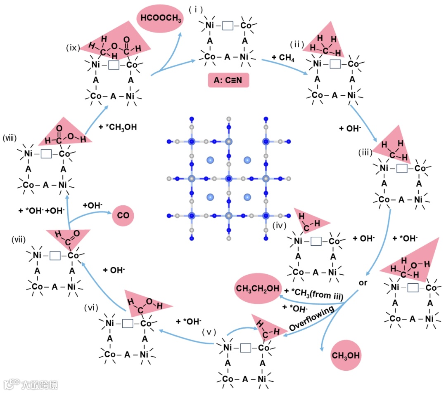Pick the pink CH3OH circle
click(346, 355)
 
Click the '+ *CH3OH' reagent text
click(118, 127)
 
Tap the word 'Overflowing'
click(312, 319)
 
